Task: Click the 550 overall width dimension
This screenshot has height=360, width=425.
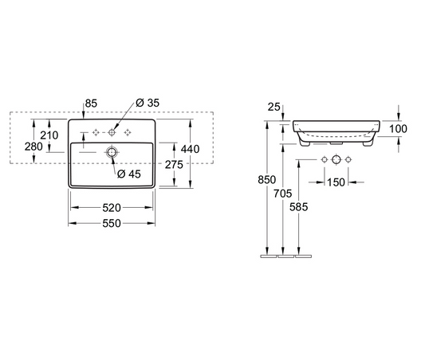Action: click(112, 224)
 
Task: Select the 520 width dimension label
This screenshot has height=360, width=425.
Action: click(112, 206)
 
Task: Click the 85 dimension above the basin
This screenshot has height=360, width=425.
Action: click(92, 102)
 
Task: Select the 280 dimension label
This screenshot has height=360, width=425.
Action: click(34, 147)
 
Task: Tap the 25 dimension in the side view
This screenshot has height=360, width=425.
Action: click(273, 106)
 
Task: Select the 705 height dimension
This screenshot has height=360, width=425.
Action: click(281, 194)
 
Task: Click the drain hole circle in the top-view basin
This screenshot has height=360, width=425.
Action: click(112, 151)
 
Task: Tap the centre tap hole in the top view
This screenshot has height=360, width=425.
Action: click(112, 131)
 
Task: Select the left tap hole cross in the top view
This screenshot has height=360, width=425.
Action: click(95, 131)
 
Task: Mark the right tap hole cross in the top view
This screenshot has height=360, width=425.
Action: click(128, 131)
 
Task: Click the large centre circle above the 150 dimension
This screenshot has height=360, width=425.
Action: click(336, 161)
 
